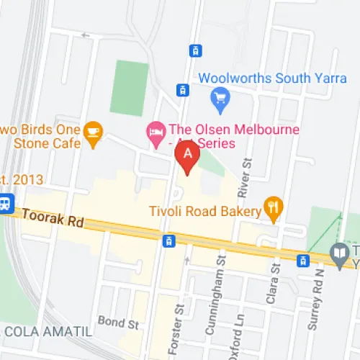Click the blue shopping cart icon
[219, 95]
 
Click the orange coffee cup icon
[93, 130]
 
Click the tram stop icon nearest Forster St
[169, 240]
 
